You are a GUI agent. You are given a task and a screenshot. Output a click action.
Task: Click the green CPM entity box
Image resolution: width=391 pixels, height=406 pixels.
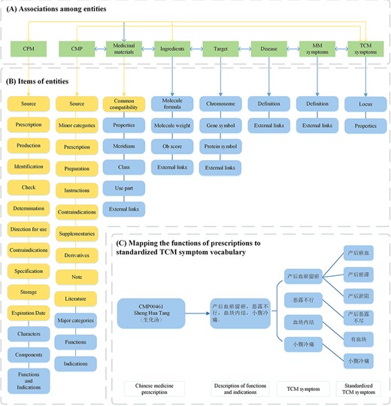pyautogui.click(x=29, y=50)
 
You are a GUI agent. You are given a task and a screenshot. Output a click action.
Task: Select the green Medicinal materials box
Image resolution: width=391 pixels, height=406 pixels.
pyautogui.click(x=124, y=50)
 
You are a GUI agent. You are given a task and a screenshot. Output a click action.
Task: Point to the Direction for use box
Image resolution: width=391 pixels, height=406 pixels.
pyautogui.click(x=29, y=228)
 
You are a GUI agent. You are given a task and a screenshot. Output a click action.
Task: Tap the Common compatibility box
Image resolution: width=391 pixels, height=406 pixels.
pyautogui.click(x=124, y=104)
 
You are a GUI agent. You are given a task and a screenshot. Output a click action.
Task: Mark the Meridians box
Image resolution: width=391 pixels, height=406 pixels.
pyautogui.click(x=124, y=147)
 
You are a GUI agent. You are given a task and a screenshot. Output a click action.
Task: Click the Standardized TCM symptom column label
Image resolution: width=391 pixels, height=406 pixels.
pyautogui.click(x=356, y=389)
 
